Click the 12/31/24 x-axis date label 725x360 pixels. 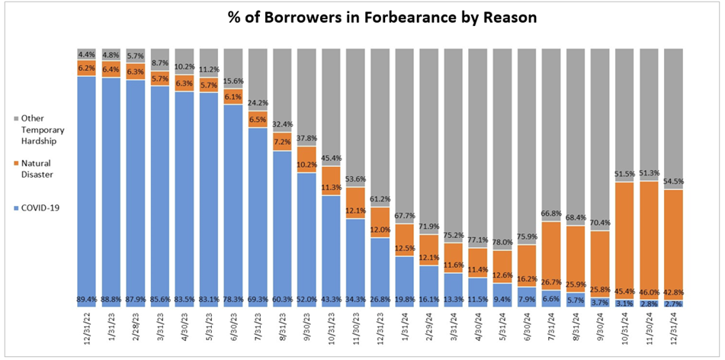point(675,328)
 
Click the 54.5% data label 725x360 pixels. point(675,182)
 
